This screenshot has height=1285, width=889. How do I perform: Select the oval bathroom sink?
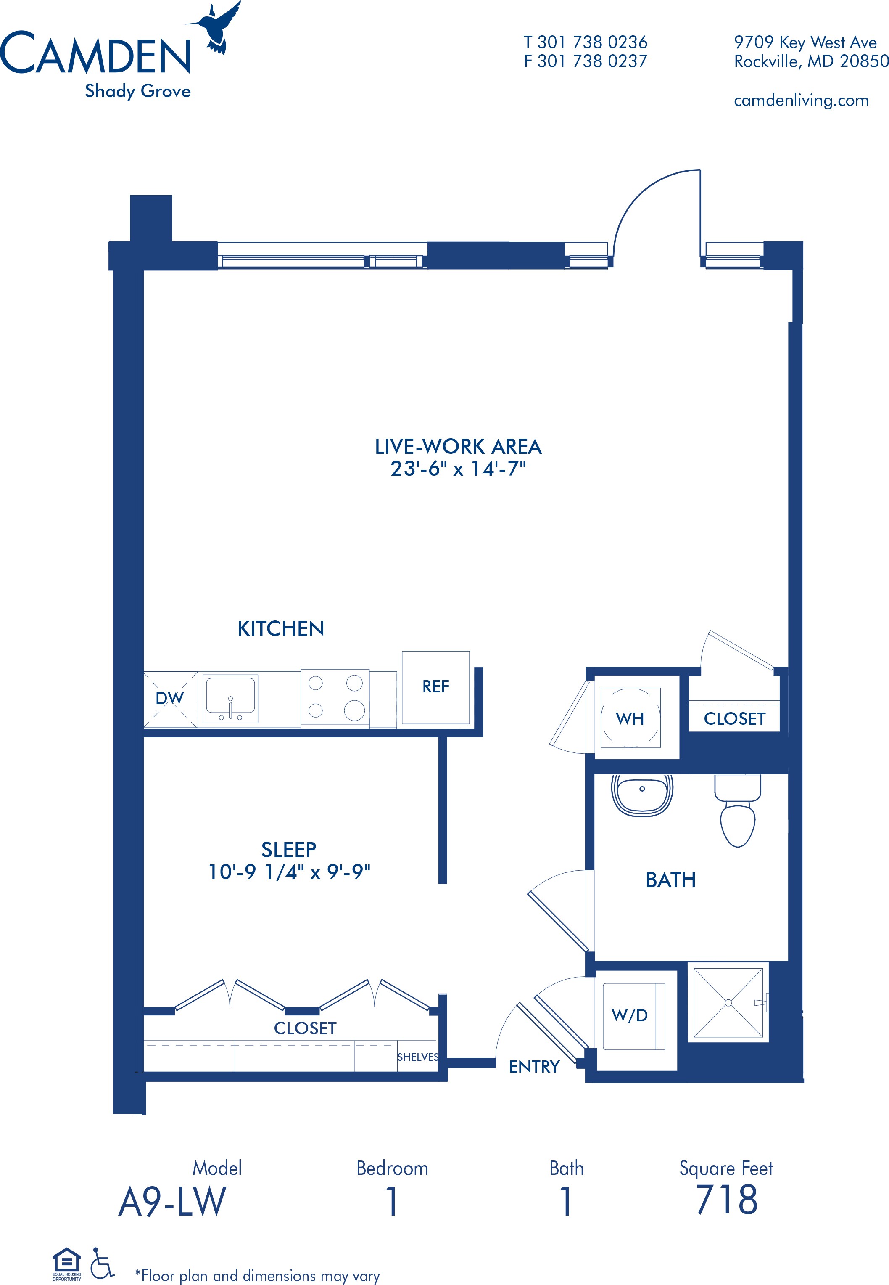click(x=642, y=795)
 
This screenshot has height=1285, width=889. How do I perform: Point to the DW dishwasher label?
click(x=169, y=698)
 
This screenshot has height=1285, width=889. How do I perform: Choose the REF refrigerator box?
click(x=435, y=688)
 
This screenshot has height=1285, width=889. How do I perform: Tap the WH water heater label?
click(x=630, y=719)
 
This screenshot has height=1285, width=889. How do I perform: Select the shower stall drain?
click(x=728, y=1003)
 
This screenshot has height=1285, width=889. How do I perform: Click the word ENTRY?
click(x=534, y=1067)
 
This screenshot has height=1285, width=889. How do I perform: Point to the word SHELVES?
click(x=418, y=1057)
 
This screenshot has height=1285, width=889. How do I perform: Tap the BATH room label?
click(x=671, y=880)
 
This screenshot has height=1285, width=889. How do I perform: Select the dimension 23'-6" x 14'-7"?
click(x=458, y=469)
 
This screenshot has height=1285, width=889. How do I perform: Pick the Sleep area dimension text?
click(x=289, y=872)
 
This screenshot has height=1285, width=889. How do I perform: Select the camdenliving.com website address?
click(x=801, y=100)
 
